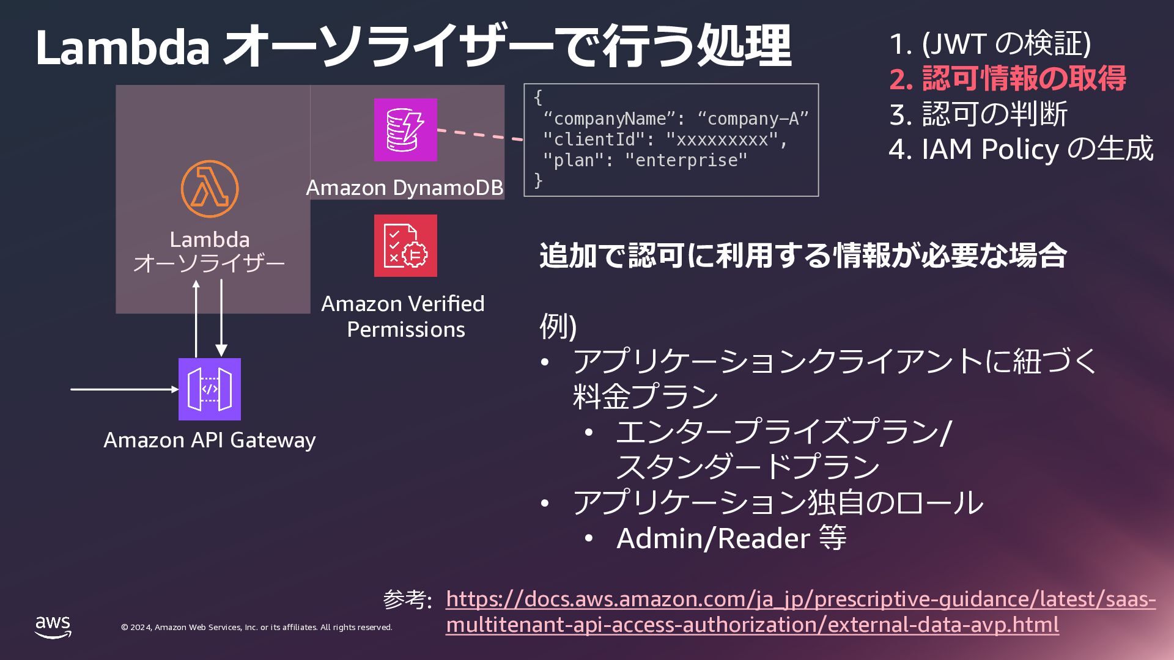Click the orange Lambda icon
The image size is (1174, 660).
tap(210, 189)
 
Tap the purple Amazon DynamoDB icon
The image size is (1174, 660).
tap(405, 130)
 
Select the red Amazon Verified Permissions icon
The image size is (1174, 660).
tap(405, 246)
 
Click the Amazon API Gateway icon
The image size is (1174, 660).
tap(210, 389)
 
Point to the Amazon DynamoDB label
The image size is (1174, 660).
tap(405, 188)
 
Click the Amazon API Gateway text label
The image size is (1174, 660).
tap(210, 440)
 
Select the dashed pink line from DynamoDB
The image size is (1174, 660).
tap(480, 135)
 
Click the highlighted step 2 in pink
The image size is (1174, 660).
tap(1008, 79)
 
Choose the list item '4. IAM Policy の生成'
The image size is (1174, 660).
tap(1021, 149)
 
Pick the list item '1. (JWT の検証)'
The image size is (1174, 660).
tap(990, 43)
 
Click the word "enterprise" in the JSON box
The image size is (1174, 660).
tap(686, 160)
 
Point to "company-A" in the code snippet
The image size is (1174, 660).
tap(753, 119)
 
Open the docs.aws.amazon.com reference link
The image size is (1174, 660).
tap(800, 612)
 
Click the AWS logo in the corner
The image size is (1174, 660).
tap(53, 626)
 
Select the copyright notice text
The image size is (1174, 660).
tap(256, 628)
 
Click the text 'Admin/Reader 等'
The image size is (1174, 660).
tap(731, 538)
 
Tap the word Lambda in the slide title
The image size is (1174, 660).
tap(123, 46)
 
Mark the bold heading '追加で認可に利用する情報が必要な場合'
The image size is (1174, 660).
tap(803, 255)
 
